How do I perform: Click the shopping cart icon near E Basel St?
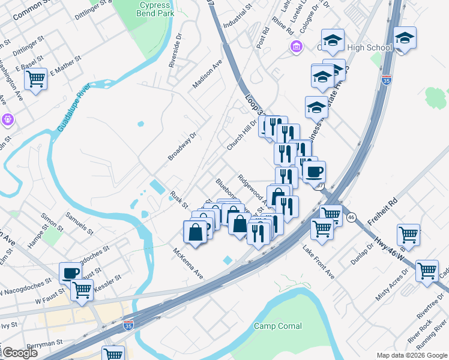tap(36, 78)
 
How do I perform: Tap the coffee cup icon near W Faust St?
tap(70, 273)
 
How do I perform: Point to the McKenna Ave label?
tap(189, 263)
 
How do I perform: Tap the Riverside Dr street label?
tap(175, 50)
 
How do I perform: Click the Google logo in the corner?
tap(20, 353)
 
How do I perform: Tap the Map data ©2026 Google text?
tap(411, 355)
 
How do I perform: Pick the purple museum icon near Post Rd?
tap(296, 47)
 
